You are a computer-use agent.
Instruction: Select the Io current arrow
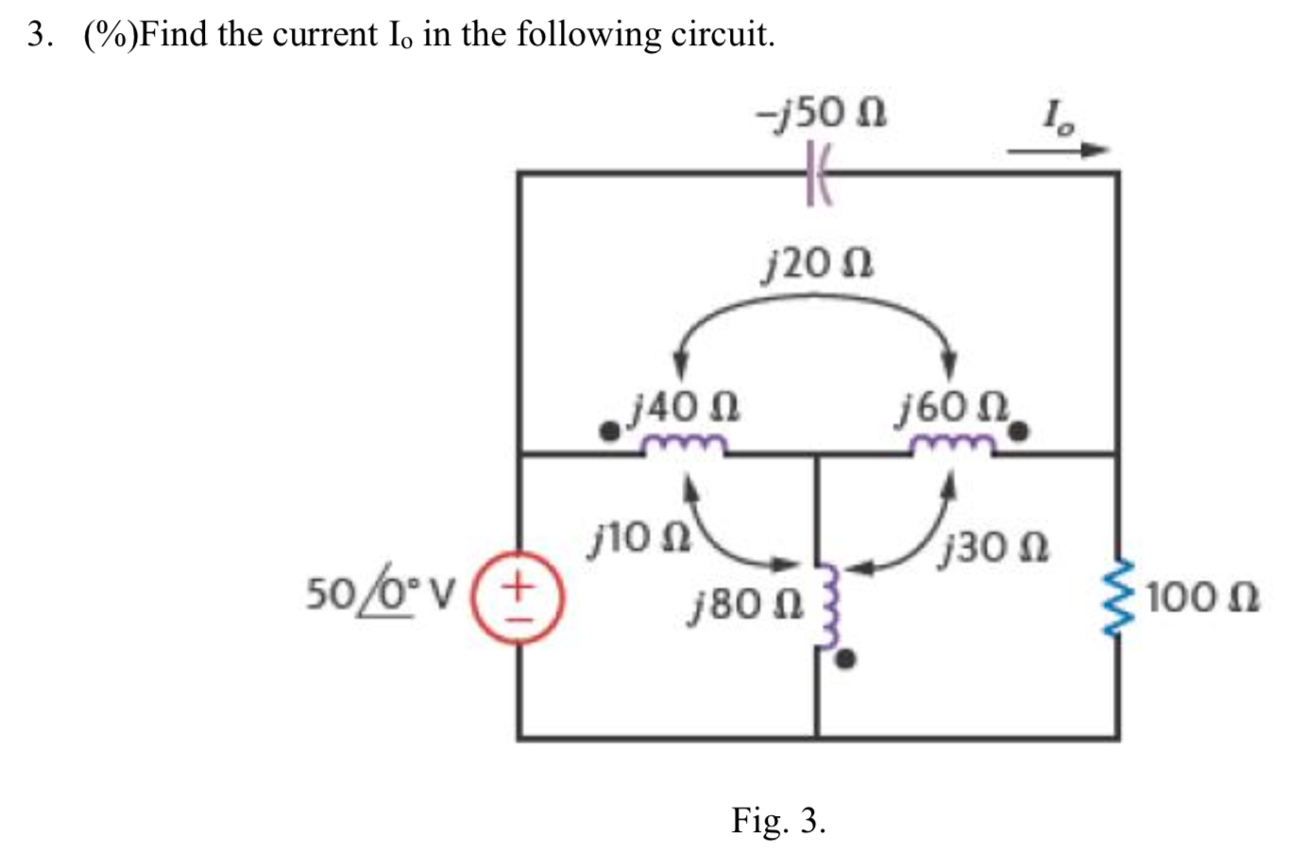[1058, 149]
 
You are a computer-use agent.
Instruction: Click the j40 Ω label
[687, 407]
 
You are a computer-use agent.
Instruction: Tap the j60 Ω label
[954, 407]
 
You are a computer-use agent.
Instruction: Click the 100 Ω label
[1205, 598]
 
